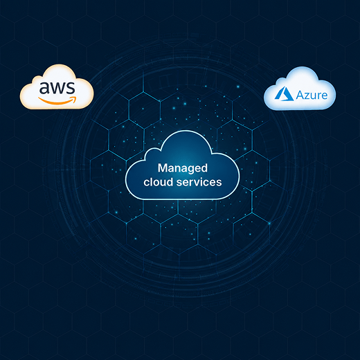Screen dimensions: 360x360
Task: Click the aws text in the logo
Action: pos(57,88)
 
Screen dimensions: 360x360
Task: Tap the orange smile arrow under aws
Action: pos(57,100)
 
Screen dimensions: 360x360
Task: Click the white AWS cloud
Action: pos(57,87)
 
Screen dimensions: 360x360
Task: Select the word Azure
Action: pos(312,95)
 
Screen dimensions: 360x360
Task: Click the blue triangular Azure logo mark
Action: pos(284,93)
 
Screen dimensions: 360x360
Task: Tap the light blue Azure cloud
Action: pos(300,89)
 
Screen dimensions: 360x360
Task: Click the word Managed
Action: pos(183,168)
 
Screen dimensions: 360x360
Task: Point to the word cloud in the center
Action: pos(159,181)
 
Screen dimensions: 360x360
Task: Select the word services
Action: pos(199,182)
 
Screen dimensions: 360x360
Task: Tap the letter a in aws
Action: pos(44,88)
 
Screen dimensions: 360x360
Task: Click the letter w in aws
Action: pos(57,88)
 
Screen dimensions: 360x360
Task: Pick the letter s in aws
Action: pos(71,88)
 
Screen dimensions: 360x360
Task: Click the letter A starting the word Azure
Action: pos(300,95)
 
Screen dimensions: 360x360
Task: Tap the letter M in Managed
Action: pos(163,168)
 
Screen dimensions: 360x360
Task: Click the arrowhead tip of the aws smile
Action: pos(75,98)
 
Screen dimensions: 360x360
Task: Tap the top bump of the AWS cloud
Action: pos(60,65)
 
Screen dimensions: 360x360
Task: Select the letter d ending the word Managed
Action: pos(204,168)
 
